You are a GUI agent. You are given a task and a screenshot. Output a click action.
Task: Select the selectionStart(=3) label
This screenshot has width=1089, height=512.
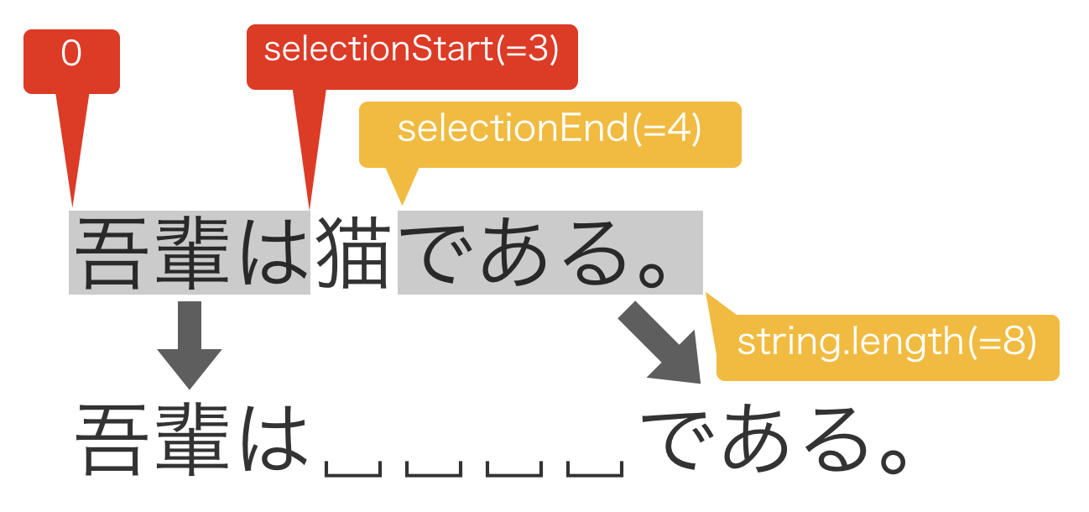pyautogui.click(x=411, y=50)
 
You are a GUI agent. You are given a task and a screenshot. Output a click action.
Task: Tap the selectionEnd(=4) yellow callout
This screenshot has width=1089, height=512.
pyautogui.click(x=550, y=130)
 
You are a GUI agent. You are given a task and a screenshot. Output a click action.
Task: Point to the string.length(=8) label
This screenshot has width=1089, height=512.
pyautogui.click(x=887, y=342)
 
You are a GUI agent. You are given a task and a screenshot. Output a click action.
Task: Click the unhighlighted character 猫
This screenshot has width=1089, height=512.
pyautogui.click(x=353, y=253)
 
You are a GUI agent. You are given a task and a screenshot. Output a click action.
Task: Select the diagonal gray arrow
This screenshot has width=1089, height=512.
pyautogui.click(x=663, y=344)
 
